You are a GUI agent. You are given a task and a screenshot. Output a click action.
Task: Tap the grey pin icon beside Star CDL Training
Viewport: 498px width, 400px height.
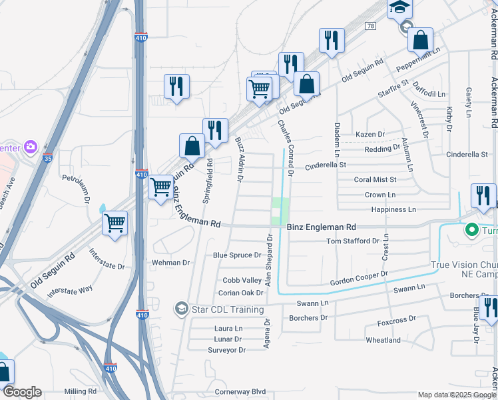(180, 309)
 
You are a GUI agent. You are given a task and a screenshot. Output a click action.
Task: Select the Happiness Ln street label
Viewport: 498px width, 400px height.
(393, 209)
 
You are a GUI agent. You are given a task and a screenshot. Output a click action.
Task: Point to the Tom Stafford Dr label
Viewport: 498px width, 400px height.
(352, 241)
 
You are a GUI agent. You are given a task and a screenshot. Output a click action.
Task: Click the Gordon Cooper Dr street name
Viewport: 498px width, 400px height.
(359, 279)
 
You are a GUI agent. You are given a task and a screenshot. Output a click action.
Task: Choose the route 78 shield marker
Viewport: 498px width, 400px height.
(370, 25)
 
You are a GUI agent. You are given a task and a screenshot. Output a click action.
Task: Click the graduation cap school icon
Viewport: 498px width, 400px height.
(400, 7)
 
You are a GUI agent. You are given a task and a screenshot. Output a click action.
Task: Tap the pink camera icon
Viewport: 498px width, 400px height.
(30, 146)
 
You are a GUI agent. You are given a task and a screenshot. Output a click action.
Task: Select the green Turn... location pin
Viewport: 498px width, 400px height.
(472, 230)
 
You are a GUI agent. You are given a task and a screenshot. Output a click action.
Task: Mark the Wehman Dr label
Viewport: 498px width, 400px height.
(171, 263)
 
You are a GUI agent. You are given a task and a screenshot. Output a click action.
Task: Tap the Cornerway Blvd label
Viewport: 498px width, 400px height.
(240, 391)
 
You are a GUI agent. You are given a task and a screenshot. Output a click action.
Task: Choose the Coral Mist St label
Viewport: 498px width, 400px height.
(375, 179)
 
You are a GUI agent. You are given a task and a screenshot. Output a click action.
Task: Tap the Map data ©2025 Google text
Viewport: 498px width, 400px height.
(456, 395)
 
